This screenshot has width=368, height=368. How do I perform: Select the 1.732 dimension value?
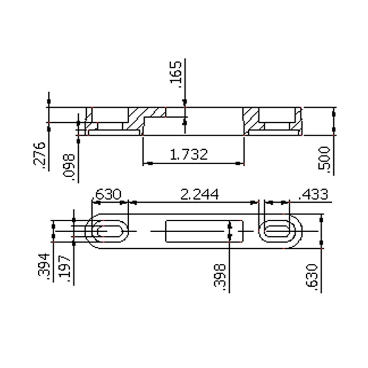coord(189,154)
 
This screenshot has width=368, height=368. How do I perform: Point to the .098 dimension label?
coord(70,167)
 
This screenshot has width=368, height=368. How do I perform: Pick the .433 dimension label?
coord(313,194)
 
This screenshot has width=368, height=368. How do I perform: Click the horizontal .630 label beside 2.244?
coord(106,194)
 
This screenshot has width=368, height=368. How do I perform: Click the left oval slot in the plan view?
coord(108,231)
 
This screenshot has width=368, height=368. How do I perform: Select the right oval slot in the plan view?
coord(278,231)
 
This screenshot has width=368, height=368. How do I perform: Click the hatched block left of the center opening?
coord(136,120)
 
